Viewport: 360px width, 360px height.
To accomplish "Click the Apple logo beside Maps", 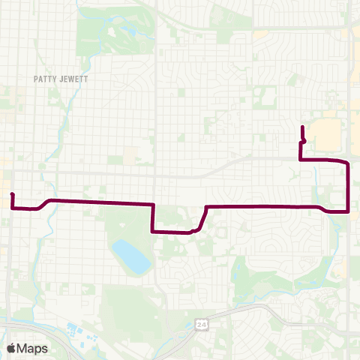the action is (11, 348).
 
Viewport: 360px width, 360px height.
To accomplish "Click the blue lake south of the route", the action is (131, 256).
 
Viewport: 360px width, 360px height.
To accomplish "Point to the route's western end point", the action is (12, 195).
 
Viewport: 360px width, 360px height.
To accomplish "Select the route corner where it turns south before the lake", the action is (153, 204).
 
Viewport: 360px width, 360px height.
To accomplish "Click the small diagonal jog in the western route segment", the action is (46, 203).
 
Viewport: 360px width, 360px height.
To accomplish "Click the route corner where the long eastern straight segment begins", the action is (206, 205).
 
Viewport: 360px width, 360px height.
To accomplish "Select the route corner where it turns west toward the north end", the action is (301, 160).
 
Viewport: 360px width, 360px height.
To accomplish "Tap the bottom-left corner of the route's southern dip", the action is (153, 232).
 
